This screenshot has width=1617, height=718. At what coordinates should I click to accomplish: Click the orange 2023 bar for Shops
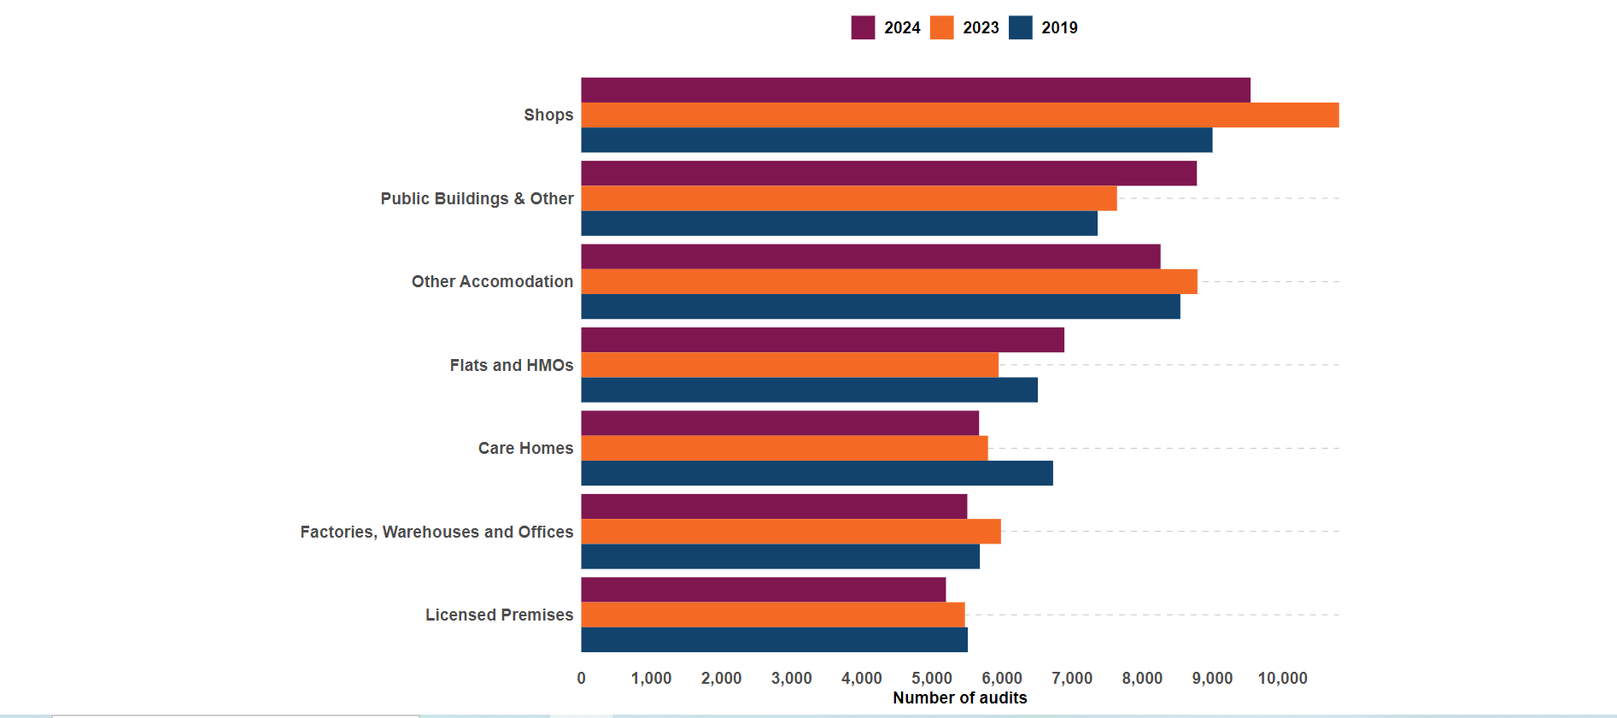[959, 115]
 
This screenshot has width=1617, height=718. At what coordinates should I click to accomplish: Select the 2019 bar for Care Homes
[817, 474]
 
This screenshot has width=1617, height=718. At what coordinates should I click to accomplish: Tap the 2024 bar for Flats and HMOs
[823, 340]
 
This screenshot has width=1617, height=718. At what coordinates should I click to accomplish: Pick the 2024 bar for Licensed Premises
[763, 590]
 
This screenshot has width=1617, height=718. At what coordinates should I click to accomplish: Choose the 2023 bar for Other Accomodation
[888, 281]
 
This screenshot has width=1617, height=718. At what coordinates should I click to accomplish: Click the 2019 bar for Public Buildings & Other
[839, 224]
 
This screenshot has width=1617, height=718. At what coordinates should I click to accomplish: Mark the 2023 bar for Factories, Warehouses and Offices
[790, 532]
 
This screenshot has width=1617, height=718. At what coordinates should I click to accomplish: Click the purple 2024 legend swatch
[863, 27]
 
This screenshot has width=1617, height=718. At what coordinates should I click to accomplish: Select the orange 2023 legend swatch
[941, 27]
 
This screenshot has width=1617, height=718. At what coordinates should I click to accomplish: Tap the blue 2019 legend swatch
[1020, 27]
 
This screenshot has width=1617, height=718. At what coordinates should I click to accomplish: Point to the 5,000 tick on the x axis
[931, 678]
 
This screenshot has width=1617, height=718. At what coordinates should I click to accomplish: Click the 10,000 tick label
[1282, 678]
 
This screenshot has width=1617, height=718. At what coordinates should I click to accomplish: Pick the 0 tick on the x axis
[581, 678]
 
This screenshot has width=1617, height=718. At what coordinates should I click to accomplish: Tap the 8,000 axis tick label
[1142, 678]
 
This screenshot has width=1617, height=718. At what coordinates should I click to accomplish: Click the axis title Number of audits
[959, 697]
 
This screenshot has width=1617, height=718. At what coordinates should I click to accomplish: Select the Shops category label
[548, 115]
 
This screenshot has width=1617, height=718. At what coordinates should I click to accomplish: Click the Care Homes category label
[525, 448]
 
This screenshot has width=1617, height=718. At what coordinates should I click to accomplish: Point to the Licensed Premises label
[499, 615]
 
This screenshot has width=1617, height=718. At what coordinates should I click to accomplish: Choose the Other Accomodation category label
[492, 281]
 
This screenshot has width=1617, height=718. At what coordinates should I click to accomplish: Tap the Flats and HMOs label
[511, 365]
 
